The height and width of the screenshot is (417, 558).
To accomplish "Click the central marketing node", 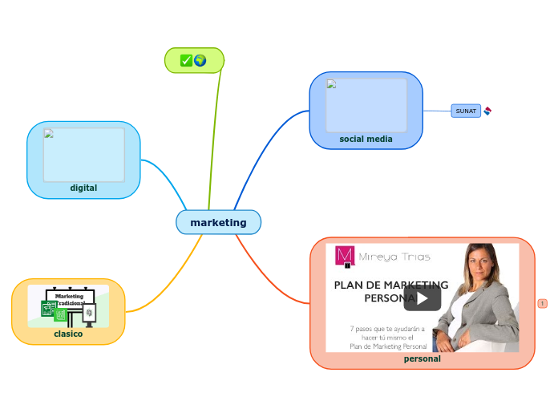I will click(x=218, y=222).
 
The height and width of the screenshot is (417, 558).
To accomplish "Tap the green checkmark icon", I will click(x=186, y=60).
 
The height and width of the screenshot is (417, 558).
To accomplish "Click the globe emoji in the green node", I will click(x=200, y=60).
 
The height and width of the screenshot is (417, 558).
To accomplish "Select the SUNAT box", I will click(x=466, y=111).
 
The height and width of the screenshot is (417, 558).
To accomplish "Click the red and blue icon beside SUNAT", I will click(x=487, y=111).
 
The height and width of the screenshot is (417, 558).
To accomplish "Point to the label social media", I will click(x=366, y=139).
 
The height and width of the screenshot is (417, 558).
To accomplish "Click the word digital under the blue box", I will click(x=83, y=188).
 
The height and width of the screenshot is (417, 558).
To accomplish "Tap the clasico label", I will click(x=68, y=333).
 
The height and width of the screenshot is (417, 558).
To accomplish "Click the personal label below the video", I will click(x=422, y=358).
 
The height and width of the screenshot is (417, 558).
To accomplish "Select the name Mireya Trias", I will click(x=394, y=257).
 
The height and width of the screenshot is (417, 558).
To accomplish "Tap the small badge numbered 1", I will click(x=542, y=303).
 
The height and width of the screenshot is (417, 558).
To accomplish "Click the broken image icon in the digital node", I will click(x=49, y=134).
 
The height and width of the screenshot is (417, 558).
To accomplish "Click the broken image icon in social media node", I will click(x=332, y=84).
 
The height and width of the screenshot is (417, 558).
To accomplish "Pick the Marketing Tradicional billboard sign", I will click(x=70, y=299).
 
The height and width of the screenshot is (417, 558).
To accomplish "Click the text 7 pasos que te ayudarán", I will click(x=387, y=328).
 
